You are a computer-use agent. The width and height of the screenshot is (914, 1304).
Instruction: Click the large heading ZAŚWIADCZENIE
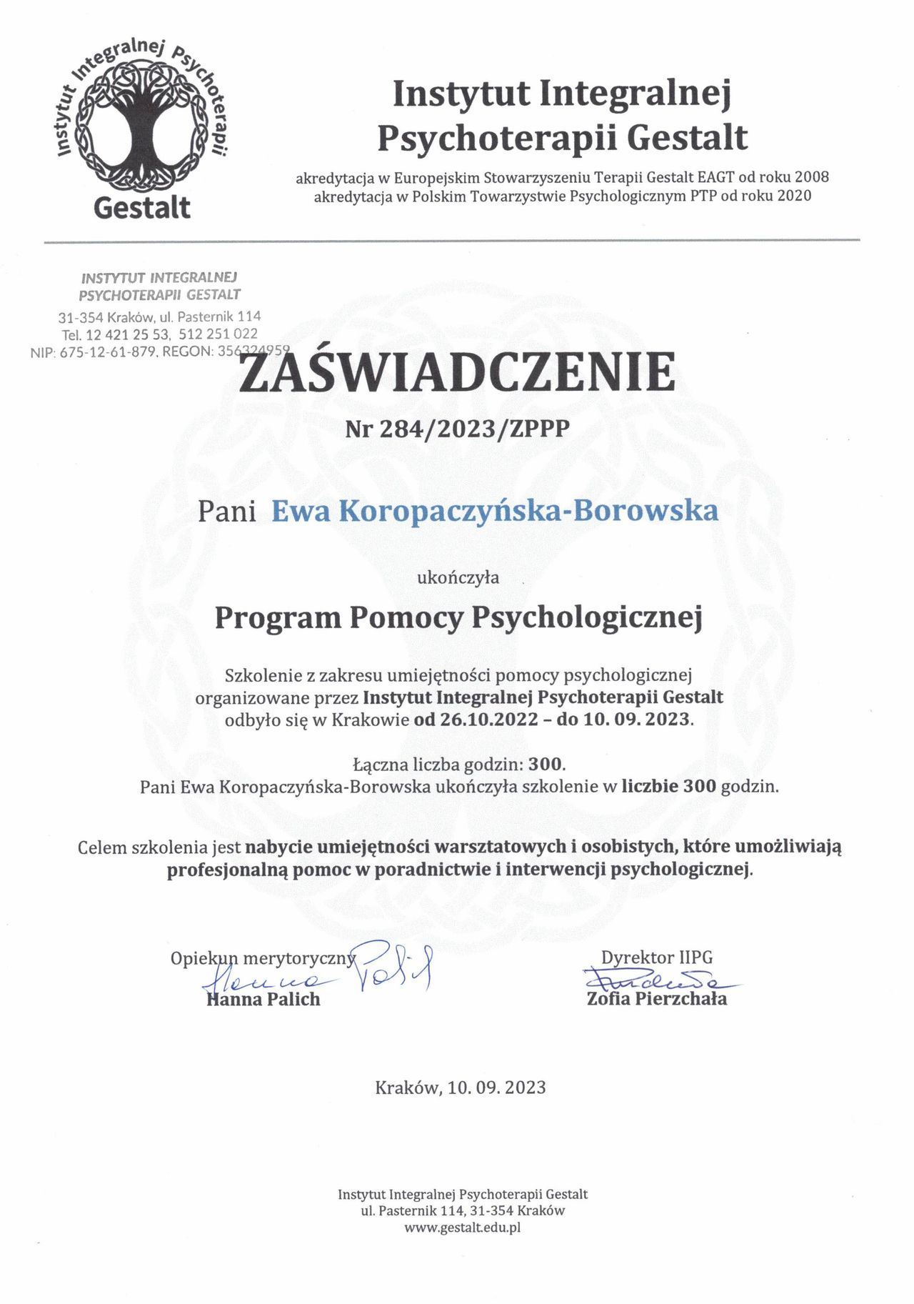tap(457, 372)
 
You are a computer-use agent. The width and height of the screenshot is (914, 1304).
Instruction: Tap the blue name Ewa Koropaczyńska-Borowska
tap(495, 511)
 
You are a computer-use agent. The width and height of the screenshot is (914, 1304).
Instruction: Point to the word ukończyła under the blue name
tap(458, 577)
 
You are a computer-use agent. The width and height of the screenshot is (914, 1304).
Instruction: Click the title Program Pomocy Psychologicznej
tap(458, 617)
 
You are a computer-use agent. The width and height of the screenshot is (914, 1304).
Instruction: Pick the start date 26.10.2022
tap(489, 719)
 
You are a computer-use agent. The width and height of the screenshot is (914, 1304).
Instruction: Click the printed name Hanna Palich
tap(263, 999)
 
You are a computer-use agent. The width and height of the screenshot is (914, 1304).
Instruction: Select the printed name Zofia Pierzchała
tap(657, 998)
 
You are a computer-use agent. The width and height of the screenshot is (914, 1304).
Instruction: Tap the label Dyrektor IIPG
tap(657, 957)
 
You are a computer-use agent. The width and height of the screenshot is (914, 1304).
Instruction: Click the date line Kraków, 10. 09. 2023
tap(461, 1088)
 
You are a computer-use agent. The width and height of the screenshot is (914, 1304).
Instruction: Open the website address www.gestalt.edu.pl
tap(462, 1228)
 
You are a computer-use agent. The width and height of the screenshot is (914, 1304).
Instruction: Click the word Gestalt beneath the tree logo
tap(142, 208)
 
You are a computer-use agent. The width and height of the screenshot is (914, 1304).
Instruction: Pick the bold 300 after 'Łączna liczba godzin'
tap(546, 765)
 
